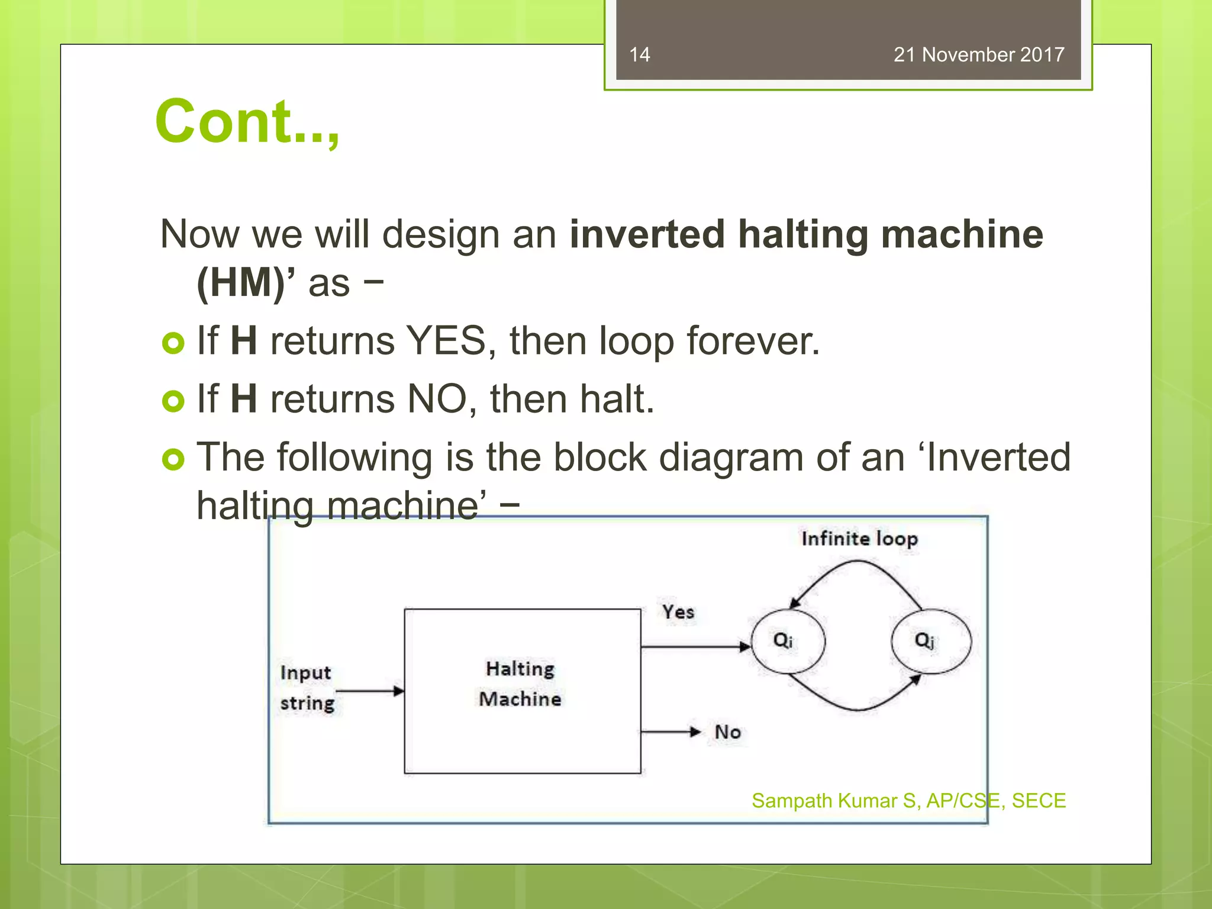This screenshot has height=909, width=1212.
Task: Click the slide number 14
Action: point(639,54)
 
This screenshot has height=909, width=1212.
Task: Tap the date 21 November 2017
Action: point(978,54)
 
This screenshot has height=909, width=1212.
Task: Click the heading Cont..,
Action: point(247,122)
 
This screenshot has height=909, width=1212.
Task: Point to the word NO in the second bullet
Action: point(437,399)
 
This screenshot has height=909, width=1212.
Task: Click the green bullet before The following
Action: point(173,459)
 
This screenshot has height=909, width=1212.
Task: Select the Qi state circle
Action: point(787,641)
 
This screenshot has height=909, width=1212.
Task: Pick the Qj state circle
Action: point(930,641)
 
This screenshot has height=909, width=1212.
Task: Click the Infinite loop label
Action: point(859,539)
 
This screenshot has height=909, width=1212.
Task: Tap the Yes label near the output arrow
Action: point(678,612)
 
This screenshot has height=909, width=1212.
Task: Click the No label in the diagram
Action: point(727,732)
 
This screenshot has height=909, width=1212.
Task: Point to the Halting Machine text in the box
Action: point(520,684)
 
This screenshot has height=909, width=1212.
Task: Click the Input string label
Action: point(306,688)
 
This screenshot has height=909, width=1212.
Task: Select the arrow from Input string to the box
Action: point(369,691)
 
